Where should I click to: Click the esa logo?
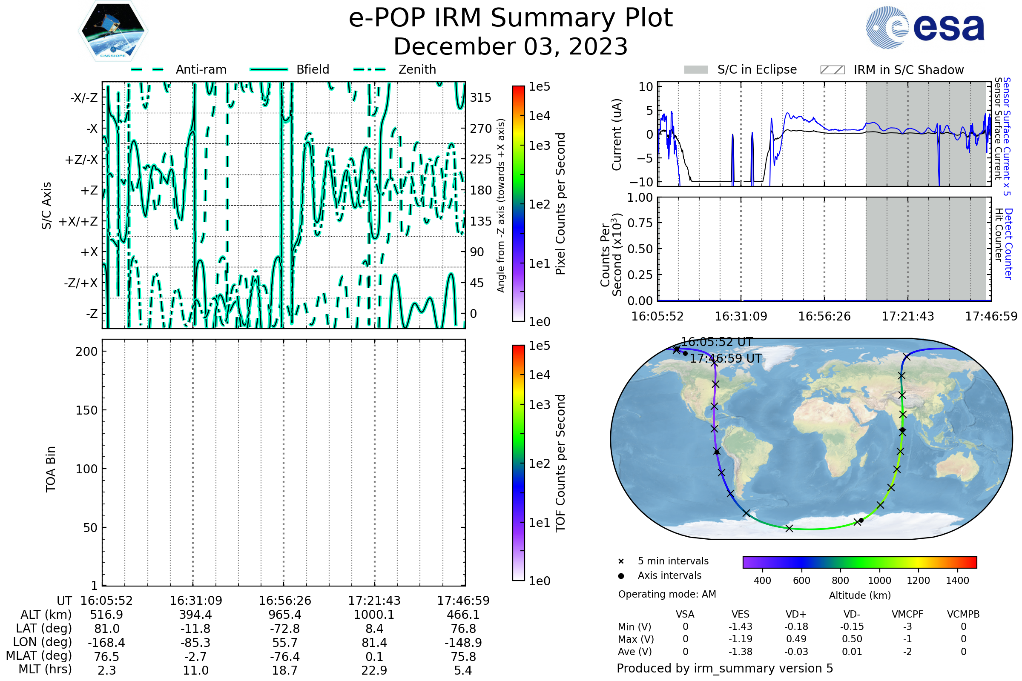pyautogui.click(x=925, y=27)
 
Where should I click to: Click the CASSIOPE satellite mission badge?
pyautogui.click(x=113, y=30)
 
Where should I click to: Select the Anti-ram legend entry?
pyautogui.click(x=178, y=69)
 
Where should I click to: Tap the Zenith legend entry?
pyautogui.click(x=395, y=69)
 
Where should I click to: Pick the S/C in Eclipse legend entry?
pyautogui.click(x=741, y=69)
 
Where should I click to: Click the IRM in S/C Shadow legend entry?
pyautogui.click(x=892, y=70)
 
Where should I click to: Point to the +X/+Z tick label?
pyautogui.click(x=78, y=221)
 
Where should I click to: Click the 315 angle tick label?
pyautogui.click(x=481, y=97)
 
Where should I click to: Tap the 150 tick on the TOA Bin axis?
pyautogui.click(x=86, y=410)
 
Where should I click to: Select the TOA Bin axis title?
pyautogui.click(x=51, y=469)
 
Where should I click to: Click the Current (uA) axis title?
pyautogui.click(x=617, y=134)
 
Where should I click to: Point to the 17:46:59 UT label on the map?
pyautogui.click(x=726, y=359)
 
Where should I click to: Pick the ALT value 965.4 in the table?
pyautogui.click(x=285, y=615)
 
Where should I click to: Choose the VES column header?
pyautogui.click(x=741, y=615)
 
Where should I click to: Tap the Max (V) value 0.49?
pyautogui.click(x=796, y=639)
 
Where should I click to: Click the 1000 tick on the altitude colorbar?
pyautogui.click(x=879, y=581)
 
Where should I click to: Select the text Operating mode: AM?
pyautogui.click(x=667, y=594)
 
